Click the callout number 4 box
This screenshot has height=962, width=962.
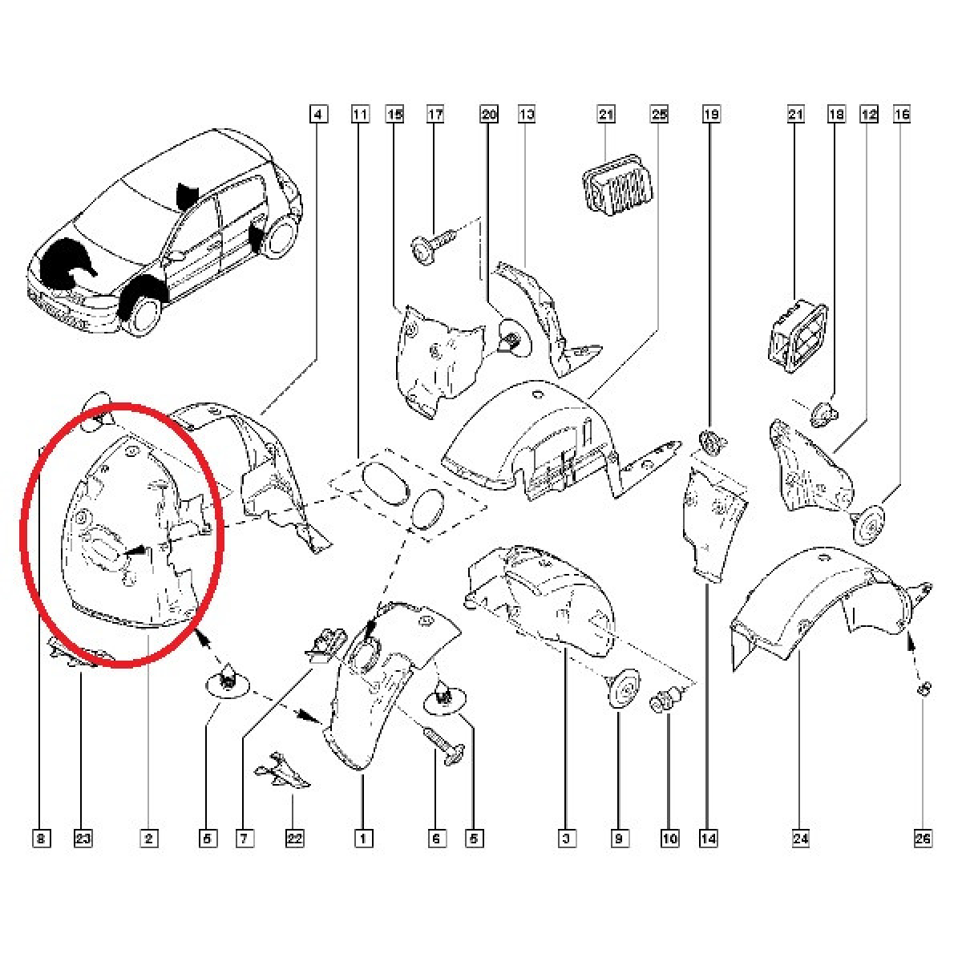click(318, 115)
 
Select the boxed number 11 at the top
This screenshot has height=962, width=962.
click(360, 115)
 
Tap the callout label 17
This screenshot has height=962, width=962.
click(435, 115)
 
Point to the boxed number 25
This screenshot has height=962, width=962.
click(659, 115)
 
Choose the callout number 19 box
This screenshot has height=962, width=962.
click(711, 115)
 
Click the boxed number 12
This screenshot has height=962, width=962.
click(869, 115)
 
